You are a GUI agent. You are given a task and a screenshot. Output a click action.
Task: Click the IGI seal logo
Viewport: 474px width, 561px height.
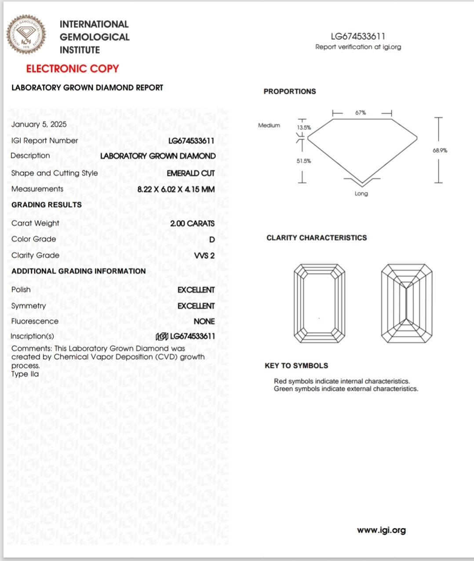pos(26,34)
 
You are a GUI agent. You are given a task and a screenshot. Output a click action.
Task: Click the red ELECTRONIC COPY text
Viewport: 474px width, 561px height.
pos(73,69)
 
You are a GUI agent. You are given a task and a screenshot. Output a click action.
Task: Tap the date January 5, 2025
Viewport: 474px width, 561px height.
pos(39,124)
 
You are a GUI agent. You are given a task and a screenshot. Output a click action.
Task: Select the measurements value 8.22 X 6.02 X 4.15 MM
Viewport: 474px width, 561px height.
pos(176,189)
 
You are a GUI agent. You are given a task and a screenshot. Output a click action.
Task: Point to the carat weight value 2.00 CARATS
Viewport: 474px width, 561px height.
pos(192,224)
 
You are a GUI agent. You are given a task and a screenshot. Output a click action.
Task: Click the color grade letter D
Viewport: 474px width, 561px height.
pos(212,240)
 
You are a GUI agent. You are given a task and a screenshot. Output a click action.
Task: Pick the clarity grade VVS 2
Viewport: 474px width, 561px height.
pos(204,256)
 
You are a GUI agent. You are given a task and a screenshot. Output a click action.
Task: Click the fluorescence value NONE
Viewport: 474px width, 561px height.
pos(204,322)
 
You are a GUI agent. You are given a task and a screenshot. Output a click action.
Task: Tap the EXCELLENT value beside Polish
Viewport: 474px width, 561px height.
pos(196,290)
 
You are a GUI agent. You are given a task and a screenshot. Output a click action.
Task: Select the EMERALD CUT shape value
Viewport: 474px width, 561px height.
pos(190,173)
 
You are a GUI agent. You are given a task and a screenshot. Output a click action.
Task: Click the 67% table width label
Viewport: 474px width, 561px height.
pos(361,113)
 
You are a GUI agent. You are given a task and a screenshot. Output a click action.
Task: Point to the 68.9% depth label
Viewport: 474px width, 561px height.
pos(440,150)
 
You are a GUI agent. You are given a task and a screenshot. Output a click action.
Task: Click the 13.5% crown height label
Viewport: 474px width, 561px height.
pos(304,128)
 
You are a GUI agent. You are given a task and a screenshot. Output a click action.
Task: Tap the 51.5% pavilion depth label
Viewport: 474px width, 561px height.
pos(304,161)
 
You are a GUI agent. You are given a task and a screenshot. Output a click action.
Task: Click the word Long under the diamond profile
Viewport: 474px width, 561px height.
pos(361,194)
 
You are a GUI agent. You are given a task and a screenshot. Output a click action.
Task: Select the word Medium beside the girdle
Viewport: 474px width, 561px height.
pos(269,125)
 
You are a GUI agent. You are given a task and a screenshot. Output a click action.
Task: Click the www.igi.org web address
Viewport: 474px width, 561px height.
pos(381,530)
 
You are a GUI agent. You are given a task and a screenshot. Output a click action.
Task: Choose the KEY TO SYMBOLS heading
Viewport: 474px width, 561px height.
pos(296,366)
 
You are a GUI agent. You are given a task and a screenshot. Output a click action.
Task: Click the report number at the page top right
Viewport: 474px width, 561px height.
pos(358,37)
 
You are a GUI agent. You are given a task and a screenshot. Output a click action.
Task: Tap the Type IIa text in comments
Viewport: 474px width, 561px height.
pos(25,374)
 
